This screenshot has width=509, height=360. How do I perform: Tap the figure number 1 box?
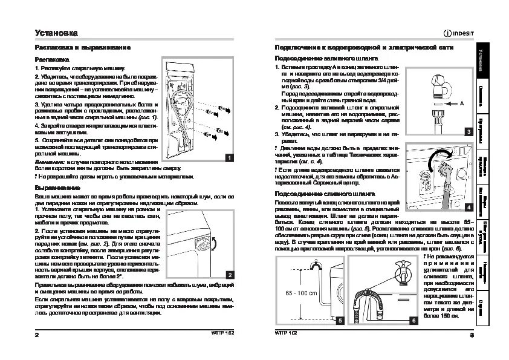click(x=229, y=158)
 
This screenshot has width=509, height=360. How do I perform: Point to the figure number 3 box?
click(x=468, y=131)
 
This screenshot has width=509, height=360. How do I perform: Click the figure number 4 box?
click(x=468, y=207)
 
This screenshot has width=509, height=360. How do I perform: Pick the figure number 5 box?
click(x=339, y=320)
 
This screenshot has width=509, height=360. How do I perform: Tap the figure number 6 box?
click(x=413, y=320)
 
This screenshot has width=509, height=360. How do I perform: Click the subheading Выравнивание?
click(x=58, y=188)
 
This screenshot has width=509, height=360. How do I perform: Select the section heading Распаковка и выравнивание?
click(x=82, y=47)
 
